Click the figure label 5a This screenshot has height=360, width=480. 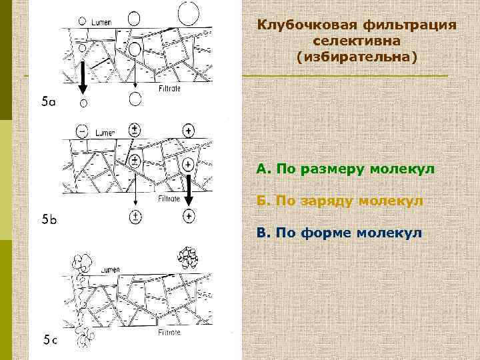coord(49,102)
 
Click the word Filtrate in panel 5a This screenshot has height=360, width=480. coord(171,87)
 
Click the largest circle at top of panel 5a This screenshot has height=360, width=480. coord(187,12)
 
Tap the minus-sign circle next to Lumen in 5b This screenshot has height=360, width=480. coord(82,131)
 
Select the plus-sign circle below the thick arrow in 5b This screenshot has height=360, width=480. coord(189,215)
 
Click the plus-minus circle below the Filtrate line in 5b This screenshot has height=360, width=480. coord(135,216)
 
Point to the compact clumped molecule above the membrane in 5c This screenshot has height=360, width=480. coord(186,257)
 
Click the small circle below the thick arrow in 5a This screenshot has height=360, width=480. coord(83,103)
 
